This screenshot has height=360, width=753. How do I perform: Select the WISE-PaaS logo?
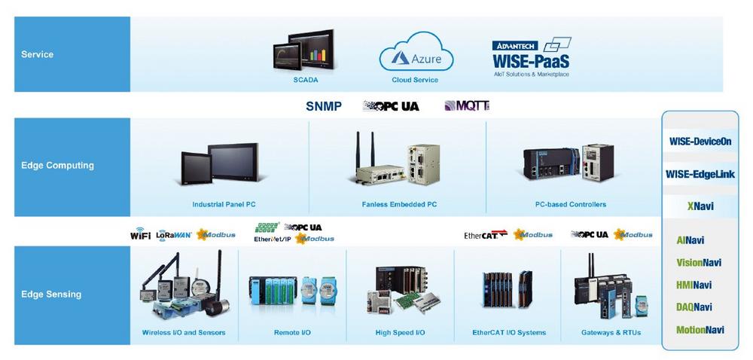click(531, 55)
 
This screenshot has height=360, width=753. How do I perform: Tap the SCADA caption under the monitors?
click(306, 79)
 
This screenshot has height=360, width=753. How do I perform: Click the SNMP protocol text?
click(324, 106)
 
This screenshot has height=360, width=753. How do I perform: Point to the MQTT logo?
click(467, 106)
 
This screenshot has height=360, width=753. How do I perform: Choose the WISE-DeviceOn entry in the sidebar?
click(700, 141)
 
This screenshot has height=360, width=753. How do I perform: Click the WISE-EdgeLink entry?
click(700, 175)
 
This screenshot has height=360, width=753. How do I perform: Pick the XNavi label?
click(700, 206)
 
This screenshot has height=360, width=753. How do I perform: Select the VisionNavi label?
click(700, 263)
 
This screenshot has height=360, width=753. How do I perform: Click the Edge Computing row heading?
click(57, 166)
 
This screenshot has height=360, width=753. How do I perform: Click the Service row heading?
click(38, 54)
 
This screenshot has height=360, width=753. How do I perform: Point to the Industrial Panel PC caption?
click(224, 204)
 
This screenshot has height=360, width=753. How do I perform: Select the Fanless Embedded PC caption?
click(399, 204)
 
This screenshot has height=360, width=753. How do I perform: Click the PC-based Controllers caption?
click(570, 204)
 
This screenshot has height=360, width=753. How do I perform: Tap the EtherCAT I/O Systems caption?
click(508, 332)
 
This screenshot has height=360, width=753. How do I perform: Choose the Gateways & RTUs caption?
click(611, 332)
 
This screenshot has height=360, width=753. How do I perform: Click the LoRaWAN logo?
click(174, 235)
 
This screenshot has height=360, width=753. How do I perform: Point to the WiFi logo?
click(141, 235)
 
